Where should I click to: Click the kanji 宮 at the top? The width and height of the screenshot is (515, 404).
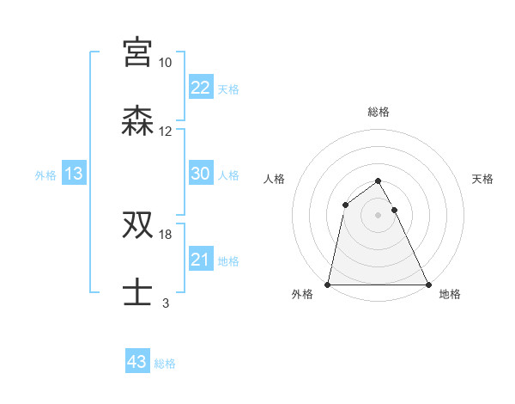click(x=136, y=53)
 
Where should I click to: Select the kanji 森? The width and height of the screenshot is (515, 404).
click(x=136, y=121)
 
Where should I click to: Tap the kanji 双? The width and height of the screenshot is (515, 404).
click(x=136, y=226)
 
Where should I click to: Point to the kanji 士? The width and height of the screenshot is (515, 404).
click(x=136, y=293)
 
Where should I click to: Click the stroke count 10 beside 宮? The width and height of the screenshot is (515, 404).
click(x=165, y=64)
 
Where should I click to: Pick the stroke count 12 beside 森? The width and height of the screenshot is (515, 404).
click(x=165, y=132)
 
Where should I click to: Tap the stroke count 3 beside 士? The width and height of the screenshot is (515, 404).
click(x=165, y=303)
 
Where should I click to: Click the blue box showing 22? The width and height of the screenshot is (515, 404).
click(x=200, y=87)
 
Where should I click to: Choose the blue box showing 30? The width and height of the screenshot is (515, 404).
click(x=200, y=174)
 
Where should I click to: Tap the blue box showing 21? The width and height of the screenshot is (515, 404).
click(x=200, y=260)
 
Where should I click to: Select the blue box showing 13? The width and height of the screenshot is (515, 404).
click(x=74, y=174)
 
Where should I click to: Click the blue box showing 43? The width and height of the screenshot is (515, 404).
click(x=136, y=362)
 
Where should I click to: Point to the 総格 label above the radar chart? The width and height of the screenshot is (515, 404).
click(x=378, y=112)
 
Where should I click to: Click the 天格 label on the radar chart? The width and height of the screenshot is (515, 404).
click(x=483, y=179)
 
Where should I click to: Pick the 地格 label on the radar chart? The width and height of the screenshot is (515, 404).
click(x=450, y=294)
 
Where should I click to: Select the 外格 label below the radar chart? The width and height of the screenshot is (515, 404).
click(x=302, y=294)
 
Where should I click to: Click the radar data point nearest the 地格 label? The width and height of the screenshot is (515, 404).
click(x=427, y=285)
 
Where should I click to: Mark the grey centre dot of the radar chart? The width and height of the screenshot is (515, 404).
click(x=378, y=215)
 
